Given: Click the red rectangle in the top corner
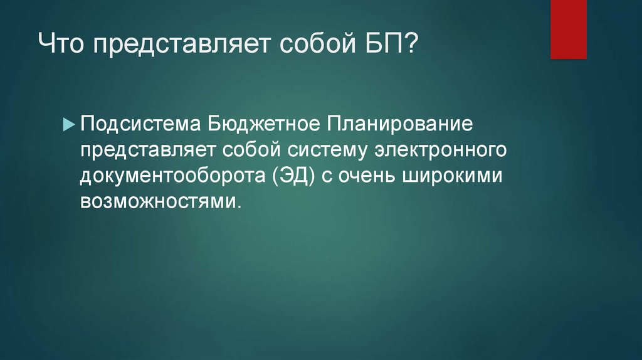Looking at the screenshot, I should coord(568,29).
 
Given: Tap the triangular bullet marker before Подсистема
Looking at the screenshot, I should coord(68,124).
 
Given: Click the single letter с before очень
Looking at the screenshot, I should coord(329,177).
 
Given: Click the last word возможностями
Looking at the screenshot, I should coord(159,203).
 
